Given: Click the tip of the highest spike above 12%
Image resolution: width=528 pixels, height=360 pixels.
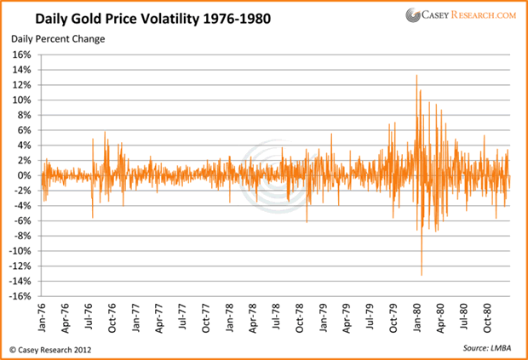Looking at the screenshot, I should (416, 76).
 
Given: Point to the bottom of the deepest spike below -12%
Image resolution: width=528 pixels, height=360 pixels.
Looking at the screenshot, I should (422, 275).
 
